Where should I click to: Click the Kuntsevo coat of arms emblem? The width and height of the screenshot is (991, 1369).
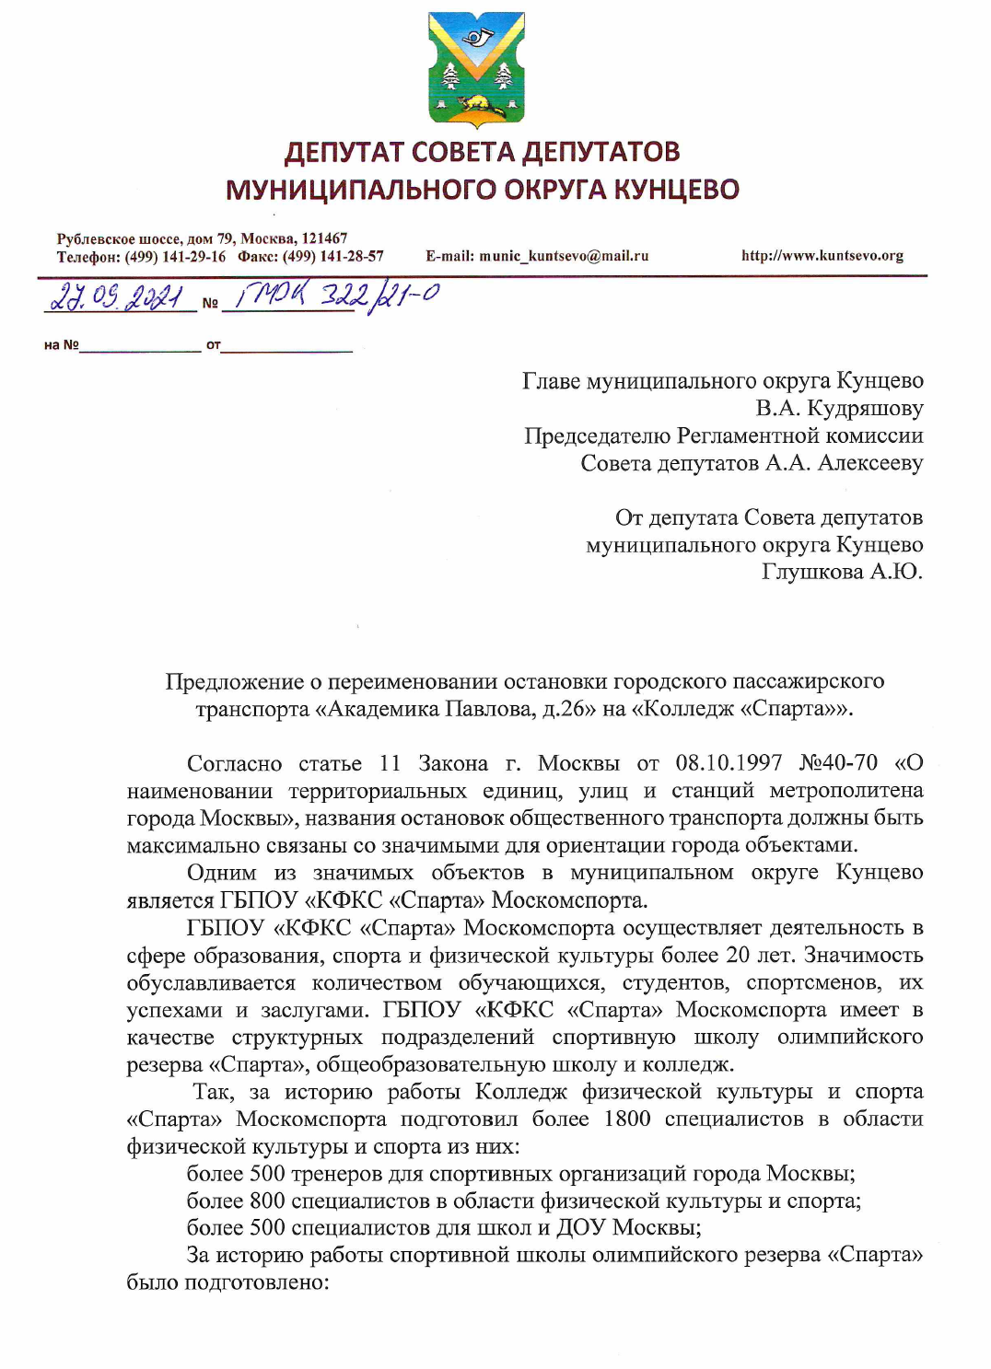476,69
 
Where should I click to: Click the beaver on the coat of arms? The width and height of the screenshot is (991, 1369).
477,104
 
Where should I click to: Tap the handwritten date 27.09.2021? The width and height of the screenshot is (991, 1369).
116,297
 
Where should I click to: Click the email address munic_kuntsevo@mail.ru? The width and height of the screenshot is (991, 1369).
564,256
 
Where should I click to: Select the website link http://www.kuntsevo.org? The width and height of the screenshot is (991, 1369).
822,256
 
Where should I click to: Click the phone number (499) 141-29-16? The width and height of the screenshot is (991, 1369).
176,257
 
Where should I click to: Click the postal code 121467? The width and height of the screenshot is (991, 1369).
324,238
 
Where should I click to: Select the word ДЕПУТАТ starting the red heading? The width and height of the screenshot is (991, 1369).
344,152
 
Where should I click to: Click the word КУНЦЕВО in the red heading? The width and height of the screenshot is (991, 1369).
676,190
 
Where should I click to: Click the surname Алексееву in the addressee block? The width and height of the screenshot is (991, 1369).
870,463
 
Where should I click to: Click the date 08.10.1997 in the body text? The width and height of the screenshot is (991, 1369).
729,763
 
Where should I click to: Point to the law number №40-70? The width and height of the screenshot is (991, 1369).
838,763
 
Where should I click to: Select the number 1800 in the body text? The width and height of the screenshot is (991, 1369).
627,1119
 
